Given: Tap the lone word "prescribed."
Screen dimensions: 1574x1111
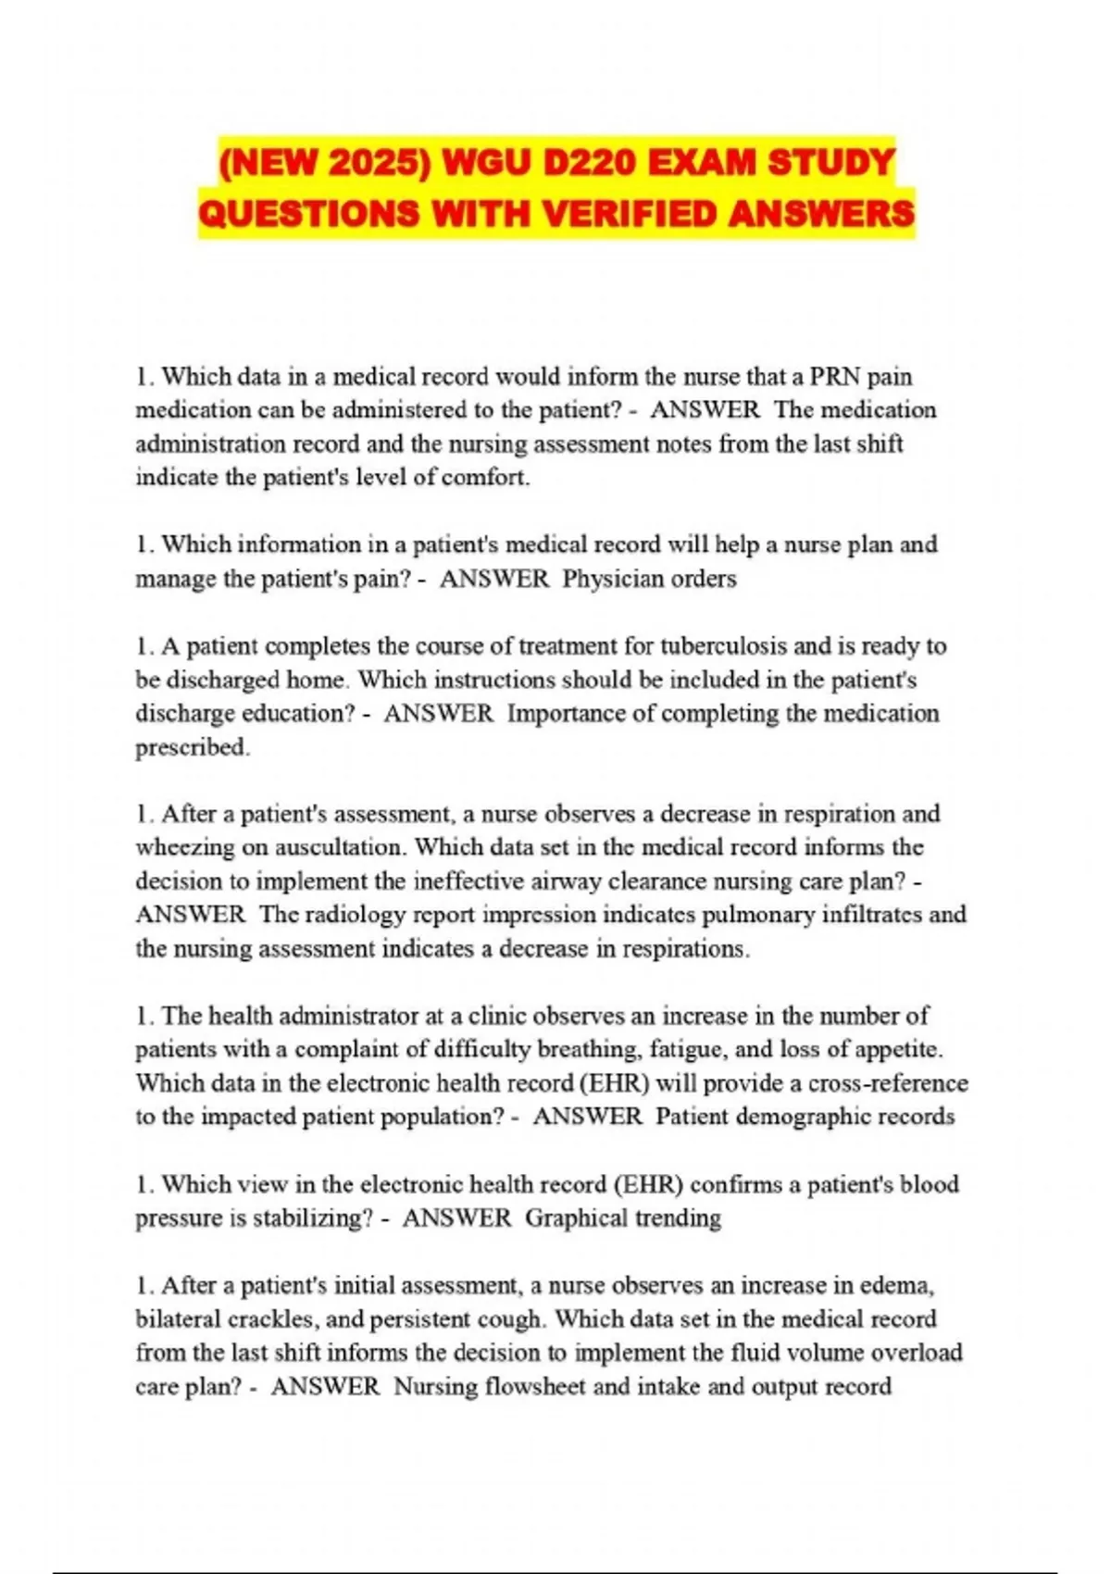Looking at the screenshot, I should [193, 747].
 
